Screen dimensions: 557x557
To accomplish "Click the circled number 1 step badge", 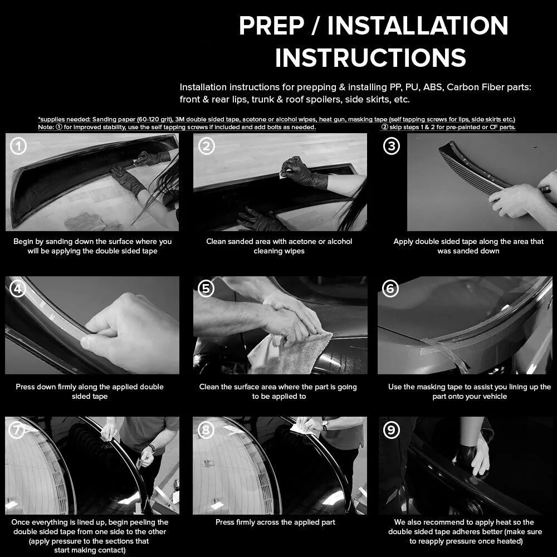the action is pos(18,146).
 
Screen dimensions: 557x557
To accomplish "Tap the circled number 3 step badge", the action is pos(392,146).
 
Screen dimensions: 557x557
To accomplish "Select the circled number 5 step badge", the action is pos(206,289).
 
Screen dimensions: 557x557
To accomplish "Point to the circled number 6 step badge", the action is pos(390,289).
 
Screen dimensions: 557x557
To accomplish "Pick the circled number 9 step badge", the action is pos(392,430).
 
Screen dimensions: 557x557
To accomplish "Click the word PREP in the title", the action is pos(272,26).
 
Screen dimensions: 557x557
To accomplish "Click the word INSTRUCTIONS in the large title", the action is pos(370,57).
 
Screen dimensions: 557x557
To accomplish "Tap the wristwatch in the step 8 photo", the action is pos(324,425).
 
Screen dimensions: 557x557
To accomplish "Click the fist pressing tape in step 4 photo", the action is pos(130,332).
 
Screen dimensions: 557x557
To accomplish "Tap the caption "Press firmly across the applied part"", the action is pos(275,522).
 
